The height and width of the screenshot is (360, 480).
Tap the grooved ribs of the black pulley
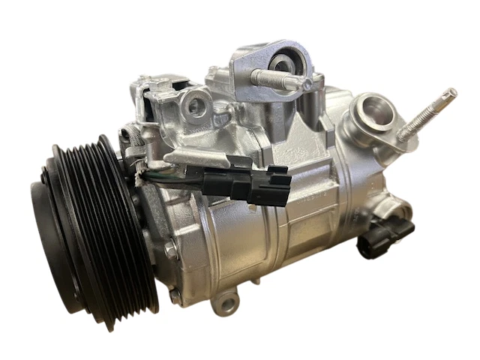pyautogui.click(x=112, y=217)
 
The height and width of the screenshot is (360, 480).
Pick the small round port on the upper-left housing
pyautogui.click(x=196, y=107)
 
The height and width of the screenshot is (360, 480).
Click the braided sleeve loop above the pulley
pyautogui.click(x=132, y=137)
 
